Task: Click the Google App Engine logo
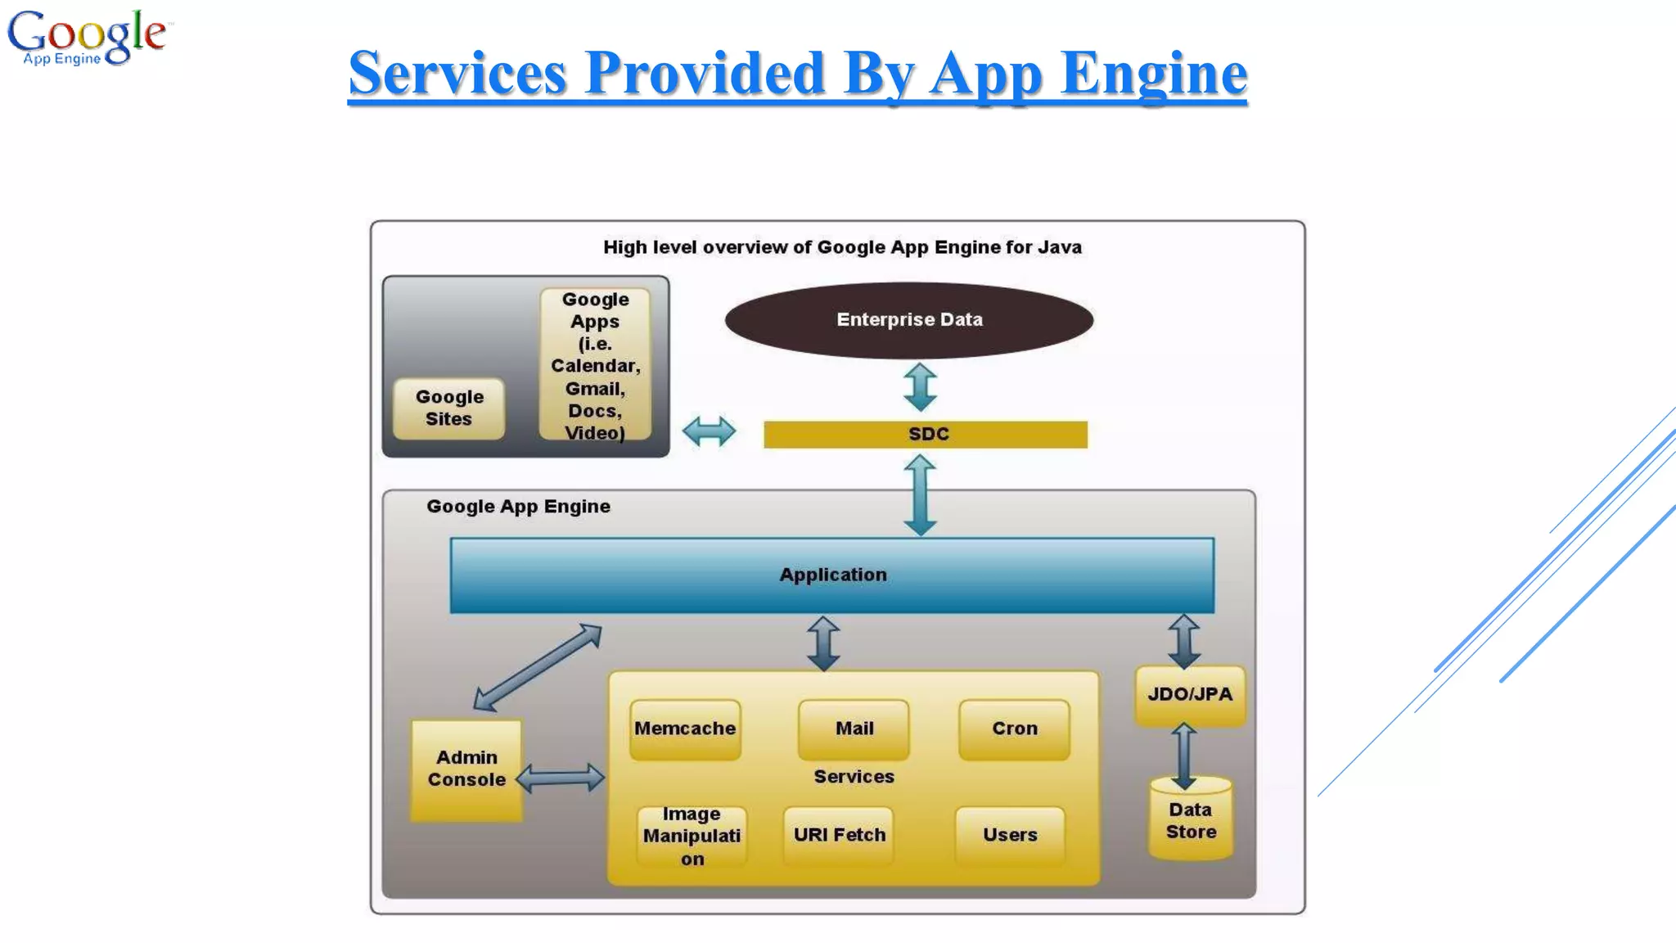click(87, 37)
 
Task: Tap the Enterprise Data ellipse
click(908, 320)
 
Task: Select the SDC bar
click(925, 434)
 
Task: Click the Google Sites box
click(448, 408)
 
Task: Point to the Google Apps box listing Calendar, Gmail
click(595, 365)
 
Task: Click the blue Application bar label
click(832, 575)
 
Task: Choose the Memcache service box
click(685, 729)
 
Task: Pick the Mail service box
click(854, 729)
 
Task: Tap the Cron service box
click(1014, 729)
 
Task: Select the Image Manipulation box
click(692, 836)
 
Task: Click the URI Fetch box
click(839, 835)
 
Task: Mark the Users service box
click(1010, 835)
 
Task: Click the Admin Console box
click(466, 769)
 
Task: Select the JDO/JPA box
click(1190, 695)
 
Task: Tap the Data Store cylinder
click(1191, 821)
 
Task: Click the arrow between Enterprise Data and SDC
click(920, 387)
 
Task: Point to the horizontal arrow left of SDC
click(709, 431)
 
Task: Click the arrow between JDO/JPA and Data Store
click(1183, 755)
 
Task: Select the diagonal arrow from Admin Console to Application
click(538, 668)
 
